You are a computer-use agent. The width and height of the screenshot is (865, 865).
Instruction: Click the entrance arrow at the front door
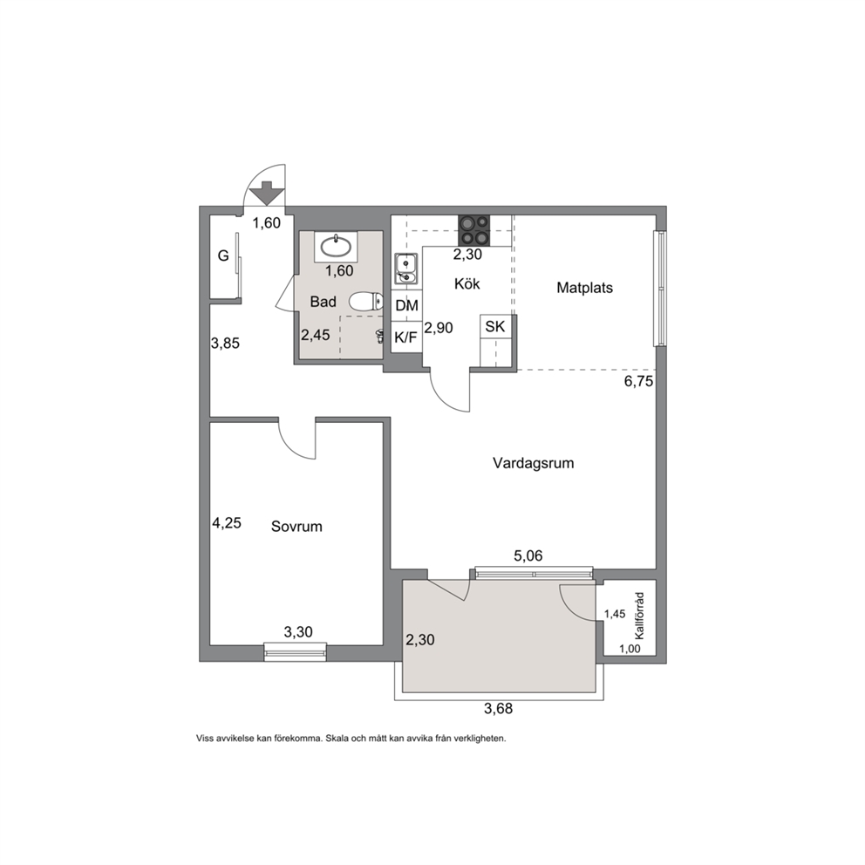267,193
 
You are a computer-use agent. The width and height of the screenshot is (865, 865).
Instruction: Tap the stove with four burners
473,230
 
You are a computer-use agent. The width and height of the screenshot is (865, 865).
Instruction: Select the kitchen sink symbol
406,269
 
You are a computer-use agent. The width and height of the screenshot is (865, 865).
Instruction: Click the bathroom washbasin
336,246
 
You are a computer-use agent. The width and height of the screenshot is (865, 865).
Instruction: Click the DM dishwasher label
407,305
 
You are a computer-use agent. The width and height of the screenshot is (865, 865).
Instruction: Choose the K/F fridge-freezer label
406,337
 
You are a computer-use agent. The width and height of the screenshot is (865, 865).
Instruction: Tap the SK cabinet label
494,326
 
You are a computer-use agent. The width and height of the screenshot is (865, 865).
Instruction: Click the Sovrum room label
296,527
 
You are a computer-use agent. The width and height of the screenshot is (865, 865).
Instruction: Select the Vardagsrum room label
534,463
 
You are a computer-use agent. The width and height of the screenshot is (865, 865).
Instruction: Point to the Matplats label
585,288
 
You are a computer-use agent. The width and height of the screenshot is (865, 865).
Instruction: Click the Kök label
467,283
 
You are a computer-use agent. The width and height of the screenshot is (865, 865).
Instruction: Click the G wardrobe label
223,255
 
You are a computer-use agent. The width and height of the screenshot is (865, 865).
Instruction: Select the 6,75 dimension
639,381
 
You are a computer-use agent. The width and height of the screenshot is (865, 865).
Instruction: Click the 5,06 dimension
528,556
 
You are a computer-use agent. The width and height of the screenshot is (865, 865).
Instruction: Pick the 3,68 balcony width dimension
498,708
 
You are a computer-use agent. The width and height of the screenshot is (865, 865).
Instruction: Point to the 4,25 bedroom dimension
227,522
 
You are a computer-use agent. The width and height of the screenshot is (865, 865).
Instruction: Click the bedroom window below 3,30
295,651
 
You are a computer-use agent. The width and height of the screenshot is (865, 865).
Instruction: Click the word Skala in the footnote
337,738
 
